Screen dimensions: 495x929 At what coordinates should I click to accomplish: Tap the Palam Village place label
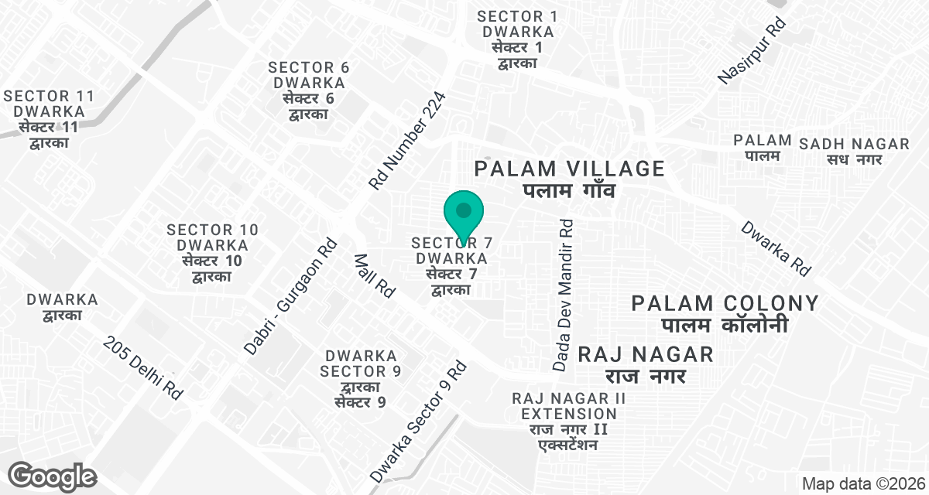pos(570,179)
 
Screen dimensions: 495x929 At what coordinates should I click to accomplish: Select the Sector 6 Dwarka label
pos(309,90)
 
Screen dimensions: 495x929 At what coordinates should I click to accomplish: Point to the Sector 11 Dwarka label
pos(49,119)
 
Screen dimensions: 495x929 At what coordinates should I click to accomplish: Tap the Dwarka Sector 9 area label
pos(361,379)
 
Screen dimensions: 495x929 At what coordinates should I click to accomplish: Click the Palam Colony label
pos(725,313)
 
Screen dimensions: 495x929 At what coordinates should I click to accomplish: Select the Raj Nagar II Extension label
pos(568,422)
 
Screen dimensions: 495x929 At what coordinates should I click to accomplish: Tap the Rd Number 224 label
pos(407,142)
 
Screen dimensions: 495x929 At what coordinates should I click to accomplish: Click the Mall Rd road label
pos(375,275)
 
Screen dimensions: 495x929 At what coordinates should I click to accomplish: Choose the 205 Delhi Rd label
pos(144,367)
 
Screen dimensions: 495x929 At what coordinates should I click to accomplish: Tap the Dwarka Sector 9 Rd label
pos(418,420)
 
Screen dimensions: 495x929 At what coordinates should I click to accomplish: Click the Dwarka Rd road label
pos(776,249)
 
